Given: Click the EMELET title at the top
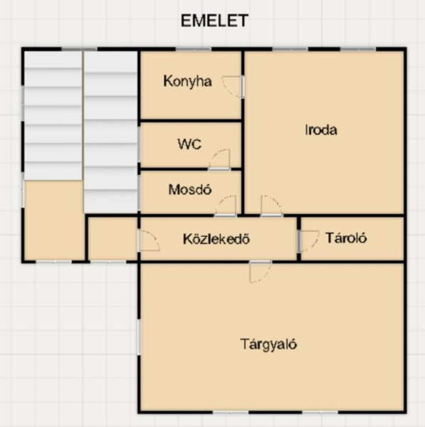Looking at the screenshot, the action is pyautogui.click(x=214, y=21).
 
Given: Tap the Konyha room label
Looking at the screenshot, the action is pyautogui.click(x=187, y=81).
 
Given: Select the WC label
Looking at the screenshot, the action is pyautogui.click(x=189, y=144).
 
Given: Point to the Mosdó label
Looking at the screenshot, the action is pyautogui.click(x=190, y=189).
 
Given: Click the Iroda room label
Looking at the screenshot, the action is pyautogui.click(x=321, y=130).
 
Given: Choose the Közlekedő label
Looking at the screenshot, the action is pyautogui.click(x=216, y=239).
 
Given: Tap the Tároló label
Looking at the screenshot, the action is pyautogui.click(x=346, y=238).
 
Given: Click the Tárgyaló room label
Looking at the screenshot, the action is pyautogui.click(x=268, y=344).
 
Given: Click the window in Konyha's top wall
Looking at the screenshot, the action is pyautogui.click(x=193, y=49).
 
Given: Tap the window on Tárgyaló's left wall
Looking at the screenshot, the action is pyautogui.click(x=139, y=337).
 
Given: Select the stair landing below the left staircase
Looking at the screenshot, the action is pyautogui.click(x=53, y=220).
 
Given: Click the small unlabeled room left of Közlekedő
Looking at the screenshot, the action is pyautogui.click(x=112, y=238).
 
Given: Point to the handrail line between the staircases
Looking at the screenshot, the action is pyautogui.click(x=83, y=116).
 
